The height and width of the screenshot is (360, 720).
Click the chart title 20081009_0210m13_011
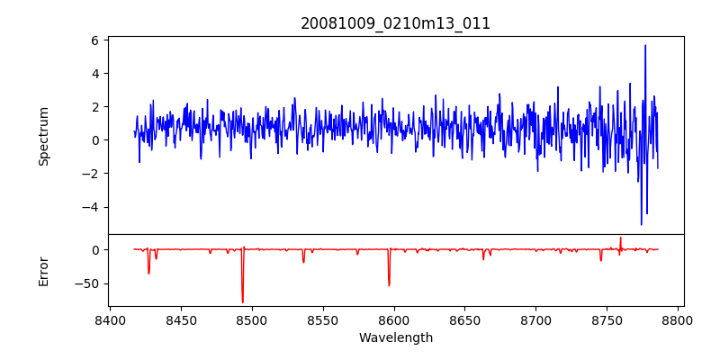click(395, 23)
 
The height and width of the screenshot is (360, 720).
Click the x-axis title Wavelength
click(395, 337)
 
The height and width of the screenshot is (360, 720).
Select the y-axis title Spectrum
click(43, 136)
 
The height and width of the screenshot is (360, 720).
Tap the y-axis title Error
click(43, 270)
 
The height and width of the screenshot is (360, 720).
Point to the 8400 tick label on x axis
click(110, 319)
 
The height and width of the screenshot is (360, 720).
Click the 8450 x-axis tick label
click(181, 319)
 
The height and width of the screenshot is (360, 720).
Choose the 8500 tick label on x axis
click(252, 319)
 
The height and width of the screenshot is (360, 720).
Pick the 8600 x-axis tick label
click(394, 319)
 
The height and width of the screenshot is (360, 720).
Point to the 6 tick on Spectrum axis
click(94, 40)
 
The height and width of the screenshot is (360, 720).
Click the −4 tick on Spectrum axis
click(90, 207)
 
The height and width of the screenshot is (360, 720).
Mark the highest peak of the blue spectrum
click(644, 46)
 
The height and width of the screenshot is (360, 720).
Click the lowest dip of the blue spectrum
click(642, 224)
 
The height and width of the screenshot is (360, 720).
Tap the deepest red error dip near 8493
click(242, 301)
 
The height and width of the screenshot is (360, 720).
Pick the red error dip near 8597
click(389, 285)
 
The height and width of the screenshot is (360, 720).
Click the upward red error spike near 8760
click(620, 238)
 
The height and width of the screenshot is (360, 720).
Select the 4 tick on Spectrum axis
click(94, 74)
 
